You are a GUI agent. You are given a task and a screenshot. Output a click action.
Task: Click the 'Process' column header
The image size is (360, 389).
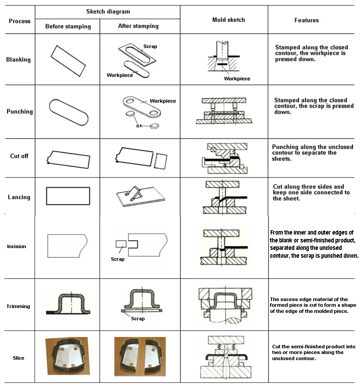20,21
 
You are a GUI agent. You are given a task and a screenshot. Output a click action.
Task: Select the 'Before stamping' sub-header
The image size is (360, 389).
68,26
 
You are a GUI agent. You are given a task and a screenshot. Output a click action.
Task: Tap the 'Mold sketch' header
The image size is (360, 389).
229,20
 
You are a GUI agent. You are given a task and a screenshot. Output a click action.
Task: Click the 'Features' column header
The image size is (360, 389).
307,20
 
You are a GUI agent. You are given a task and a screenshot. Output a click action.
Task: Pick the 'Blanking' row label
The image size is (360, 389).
18,60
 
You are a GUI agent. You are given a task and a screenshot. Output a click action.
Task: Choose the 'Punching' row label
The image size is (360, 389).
20,112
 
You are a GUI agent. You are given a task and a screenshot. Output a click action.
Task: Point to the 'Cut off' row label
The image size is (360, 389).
19,156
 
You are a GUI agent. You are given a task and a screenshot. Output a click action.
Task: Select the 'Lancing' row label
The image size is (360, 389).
19,197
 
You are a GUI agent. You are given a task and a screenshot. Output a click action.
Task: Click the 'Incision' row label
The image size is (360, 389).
17,246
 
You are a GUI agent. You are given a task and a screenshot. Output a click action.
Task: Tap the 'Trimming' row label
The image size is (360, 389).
18,306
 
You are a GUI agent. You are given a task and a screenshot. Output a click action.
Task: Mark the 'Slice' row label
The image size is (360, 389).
18,358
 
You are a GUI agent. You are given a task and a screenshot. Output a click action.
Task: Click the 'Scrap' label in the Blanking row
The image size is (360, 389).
150,46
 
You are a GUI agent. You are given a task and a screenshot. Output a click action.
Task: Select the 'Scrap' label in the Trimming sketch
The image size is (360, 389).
138,319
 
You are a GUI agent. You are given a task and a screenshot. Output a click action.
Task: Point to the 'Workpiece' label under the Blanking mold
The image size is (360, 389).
237,79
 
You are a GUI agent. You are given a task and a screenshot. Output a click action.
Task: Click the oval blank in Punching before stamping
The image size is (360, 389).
68,112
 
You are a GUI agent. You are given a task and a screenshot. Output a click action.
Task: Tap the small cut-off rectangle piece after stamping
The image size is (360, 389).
161,161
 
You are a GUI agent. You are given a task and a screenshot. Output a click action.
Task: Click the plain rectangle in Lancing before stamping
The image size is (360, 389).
68,196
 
